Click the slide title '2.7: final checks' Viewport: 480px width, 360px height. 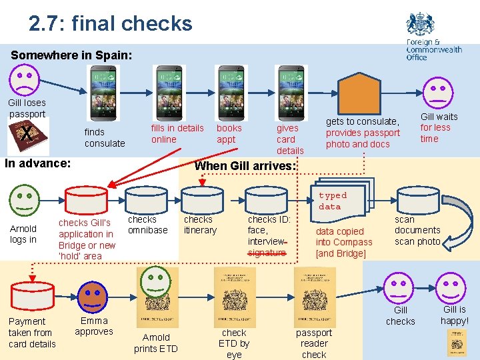pyautogui.click(x=110, y=24)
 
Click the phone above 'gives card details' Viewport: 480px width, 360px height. pyautogui.click(x=292, y=93)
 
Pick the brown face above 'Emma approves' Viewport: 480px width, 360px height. pyautogui.click(x=94, y=296)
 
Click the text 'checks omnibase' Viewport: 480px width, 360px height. pyautogui.click(x=147, y=224)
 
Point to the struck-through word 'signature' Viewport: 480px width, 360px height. pyautogui.click(x=267, y=253)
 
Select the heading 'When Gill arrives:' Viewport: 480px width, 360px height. pyautogui.click(x=245, y=166)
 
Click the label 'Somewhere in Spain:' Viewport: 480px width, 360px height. pyautogui.click(x=71, y=55)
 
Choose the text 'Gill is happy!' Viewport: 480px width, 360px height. pyautogui.click(x=455, y=315)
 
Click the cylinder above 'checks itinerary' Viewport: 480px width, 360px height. pyautogui.click(x=202, y=200)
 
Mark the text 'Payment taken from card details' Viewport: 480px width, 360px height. pyautogui.click(x=32, y=333)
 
